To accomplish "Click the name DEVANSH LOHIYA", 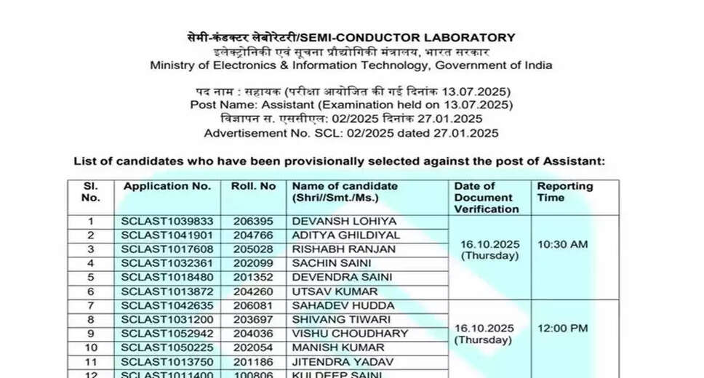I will click(334, 221).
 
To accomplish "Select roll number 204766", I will click(252, 236).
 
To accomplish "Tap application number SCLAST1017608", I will click(167, 249).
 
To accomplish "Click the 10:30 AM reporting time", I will click(562, 244).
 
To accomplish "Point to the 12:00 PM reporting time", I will click(562, 329).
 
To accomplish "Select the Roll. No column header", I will click(253, 187).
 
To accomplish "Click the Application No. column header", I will click(167, 187).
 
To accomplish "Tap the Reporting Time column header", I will click(565, 192).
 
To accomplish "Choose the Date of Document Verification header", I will click(487, 198).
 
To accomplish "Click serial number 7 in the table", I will click(91, 305).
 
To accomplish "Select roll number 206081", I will click(252, 305).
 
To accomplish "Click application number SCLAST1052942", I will click(167, 334).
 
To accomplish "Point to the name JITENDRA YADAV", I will click(332, 362).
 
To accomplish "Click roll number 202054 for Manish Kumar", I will click(252, 347).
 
